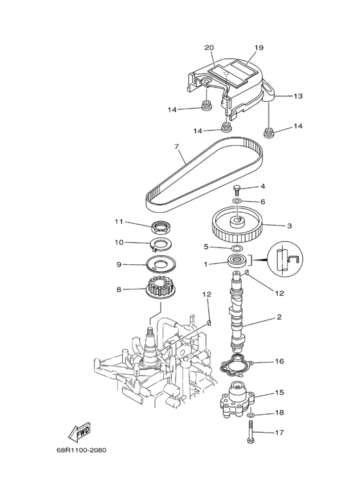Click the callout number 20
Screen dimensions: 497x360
coord(209,48)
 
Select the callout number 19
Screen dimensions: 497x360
coord(259,48)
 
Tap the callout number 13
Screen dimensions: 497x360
coord(297,96)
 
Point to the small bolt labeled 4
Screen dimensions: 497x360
coord(237,188)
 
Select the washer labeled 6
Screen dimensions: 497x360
coord(237,201)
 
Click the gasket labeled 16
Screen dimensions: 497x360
coord(237,365)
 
